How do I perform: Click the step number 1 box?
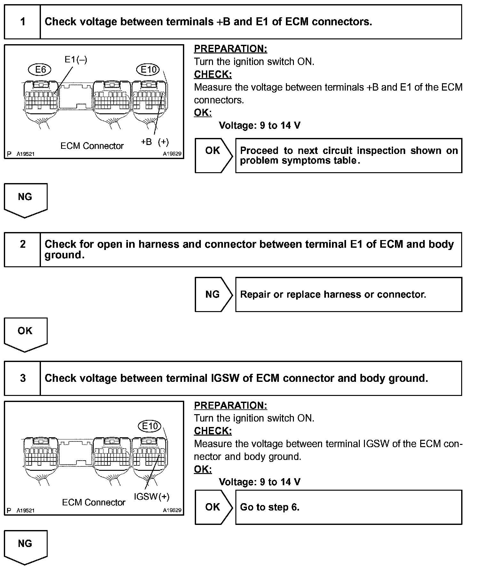tap(22, 22)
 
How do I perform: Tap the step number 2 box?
tap(22, 249)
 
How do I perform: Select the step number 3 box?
tap(22, 378)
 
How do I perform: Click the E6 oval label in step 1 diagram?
tap(40, 69)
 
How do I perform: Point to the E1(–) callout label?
tap(75, 59)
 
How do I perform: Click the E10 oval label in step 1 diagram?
tap(148, 69)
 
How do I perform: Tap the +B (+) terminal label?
tap(155, 142)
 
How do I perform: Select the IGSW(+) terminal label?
tap(152, 496)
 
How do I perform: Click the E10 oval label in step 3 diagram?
tap(150, 426)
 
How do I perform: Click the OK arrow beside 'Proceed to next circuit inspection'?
tap(213, 156)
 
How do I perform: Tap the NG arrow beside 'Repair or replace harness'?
tap(213, 294)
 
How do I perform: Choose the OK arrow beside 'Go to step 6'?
tap(213, 507)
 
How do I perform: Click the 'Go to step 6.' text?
tap(270, 507)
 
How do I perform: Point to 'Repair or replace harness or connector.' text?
tap(333, 294)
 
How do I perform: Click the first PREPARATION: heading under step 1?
tap(230, 49)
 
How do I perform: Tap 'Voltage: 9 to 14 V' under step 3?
tap(259, 482)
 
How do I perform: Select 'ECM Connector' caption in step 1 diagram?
tap(92, 146)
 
